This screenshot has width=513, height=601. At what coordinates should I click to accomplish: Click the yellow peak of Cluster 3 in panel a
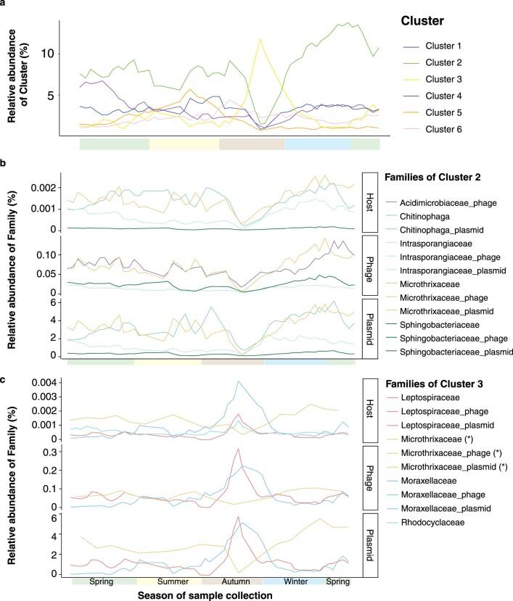260,40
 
